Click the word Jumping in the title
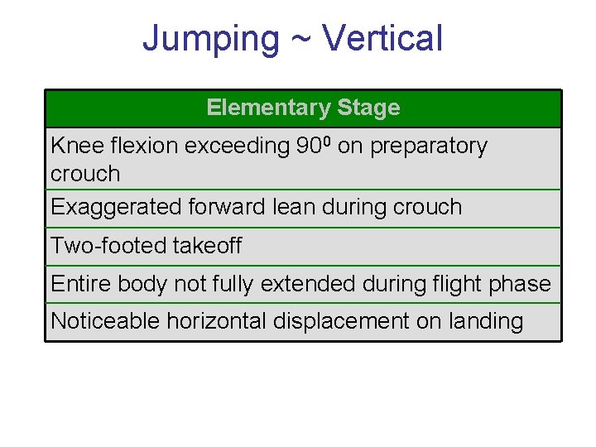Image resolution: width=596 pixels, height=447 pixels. click(x=211, y=39)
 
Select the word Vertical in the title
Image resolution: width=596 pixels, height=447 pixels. click(x=382, y=39)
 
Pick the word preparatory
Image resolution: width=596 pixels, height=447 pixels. click(x=429, y=147)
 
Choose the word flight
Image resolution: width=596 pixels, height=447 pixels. click(x=456, y=284)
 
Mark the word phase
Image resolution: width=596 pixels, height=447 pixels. click(x=521, y=284)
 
